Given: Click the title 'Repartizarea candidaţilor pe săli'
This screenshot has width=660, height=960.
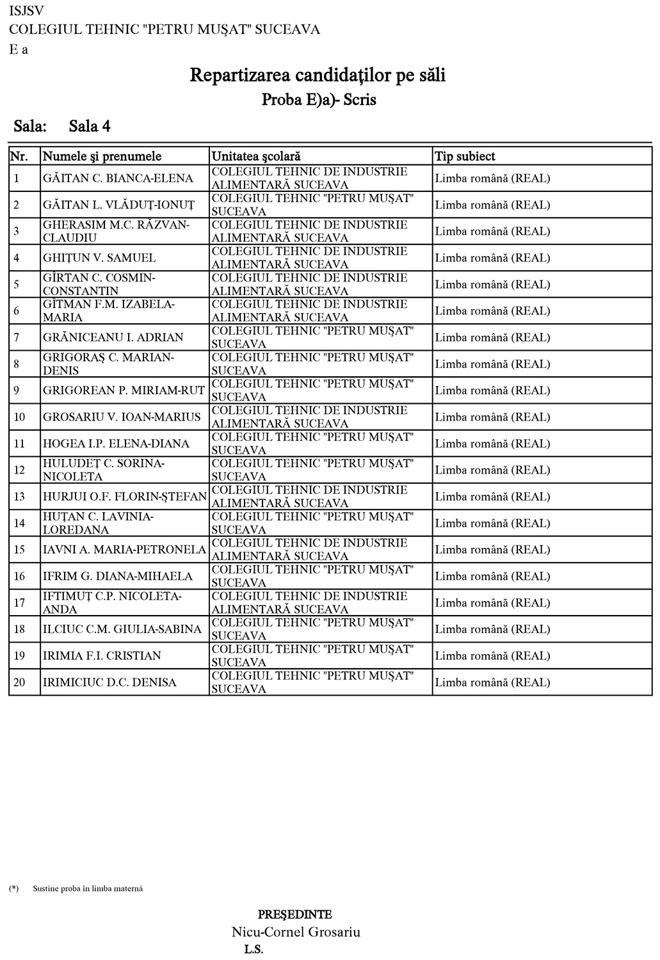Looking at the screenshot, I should tap(318, 76).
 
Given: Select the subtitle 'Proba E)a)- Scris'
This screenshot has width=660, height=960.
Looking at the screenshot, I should tap(319, 100).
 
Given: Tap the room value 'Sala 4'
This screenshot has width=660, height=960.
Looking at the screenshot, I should tap(90, 126).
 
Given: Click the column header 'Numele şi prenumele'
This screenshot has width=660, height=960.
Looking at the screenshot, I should tap(102, 156).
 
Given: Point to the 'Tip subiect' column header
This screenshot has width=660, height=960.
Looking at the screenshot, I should tap(465, 156).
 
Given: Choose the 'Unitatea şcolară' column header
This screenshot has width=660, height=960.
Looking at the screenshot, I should tap(256, 156).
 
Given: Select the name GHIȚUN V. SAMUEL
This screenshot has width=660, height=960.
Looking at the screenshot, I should tap(99, 258).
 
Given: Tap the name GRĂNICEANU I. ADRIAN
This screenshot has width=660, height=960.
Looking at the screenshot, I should tap(113, 337).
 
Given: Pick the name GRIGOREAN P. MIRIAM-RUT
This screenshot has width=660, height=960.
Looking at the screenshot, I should tap(124, 390).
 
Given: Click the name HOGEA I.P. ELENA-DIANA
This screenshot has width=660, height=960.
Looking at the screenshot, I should tap(117, 444).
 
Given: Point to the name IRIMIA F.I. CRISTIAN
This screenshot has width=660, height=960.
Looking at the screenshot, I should tap(102, 656).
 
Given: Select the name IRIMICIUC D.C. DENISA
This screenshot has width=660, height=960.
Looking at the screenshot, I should tap(109, 682).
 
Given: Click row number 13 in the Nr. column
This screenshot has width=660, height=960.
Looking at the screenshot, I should tap(19, 497).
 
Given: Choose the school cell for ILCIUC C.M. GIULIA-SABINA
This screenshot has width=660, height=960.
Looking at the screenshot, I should tap(313, 629).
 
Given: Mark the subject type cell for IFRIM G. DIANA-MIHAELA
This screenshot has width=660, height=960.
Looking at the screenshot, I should tap(492, 576).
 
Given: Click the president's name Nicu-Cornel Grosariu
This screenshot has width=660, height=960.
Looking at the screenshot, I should tap(296, 932).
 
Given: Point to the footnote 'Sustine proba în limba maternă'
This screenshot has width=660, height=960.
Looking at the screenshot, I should tap(88, 888).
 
